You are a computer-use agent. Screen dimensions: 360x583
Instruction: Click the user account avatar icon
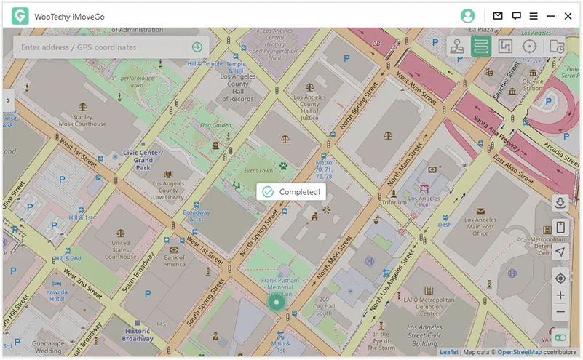[x=467, y=15]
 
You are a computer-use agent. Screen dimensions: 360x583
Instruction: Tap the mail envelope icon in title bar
[x=498, y=15]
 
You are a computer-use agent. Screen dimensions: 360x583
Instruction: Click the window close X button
[x=568, y=15]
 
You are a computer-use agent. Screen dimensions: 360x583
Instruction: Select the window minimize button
[x=551, y=15]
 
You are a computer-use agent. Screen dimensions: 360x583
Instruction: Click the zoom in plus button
[x=560, y=295]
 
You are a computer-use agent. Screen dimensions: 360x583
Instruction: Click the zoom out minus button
[x=560, y=312]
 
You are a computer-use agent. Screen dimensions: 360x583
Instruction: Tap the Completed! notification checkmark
[x=268, y=191]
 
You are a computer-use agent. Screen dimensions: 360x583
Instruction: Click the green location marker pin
[x=276, y=302]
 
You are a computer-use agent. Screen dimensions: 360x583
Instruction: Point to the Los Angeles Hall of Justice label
[x=309, y=107]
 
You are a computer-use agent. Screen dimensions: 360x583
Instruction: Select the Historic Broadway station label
[x=137, y=335]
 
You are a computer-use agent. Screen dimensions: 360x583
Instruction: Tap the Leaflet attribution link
[x=449, y=352]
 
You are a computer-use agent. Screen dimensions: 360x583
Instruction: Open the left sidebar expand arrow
[x=7, y=100]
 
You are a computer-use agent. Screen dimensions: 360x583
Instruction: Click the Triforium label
[x=394, y=202]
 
